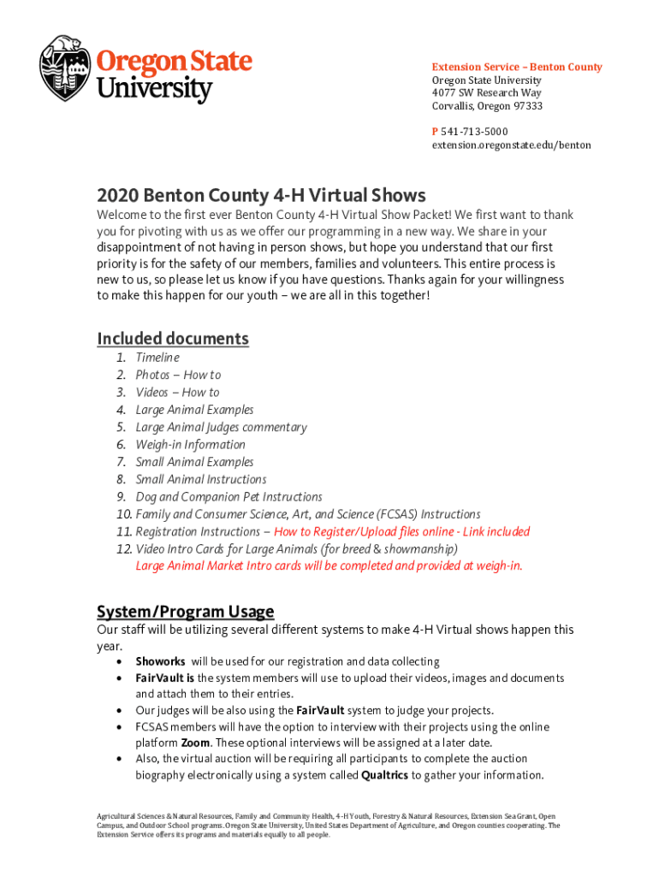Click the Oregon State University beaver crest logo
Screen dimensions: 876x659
coord(65,68)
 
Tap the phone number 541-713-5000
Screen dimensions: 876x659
coord(474,132)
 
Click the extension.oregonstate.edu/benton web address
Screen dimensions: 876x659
coord(511,145)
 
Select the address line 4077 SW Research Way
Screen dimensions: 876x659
coord(486,93)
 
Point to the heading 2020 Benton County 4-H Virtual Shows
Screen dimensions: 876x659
coord(261,195)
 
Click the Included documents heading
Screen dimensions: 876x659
coord(173,338)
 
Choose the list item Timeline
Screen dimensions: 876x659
coord(157,358)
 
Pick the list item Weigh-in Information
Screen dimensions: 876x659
coord(190,445)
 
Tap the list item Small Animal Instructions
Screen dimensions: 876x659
coord(200,480)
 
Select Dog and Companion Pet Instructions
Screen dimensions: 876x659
coord(229,497)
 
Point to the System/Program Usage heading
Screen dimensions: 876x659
coord(185,612)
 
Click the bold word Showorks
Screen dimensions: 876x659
coord(160,662)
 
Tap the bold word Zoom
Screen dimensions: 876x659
coord(195,743)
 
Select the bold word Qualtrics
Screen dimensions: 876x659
coord(384,776)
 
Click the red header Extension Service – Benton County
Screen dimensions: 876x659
coord(516,67)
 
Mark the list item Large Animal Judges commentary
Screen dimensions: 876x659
coord(221,428)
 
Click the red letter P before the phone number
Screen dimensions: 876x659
coord(435,132)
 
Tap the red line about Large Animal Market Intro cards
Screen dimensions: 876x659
coord(329,566)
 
